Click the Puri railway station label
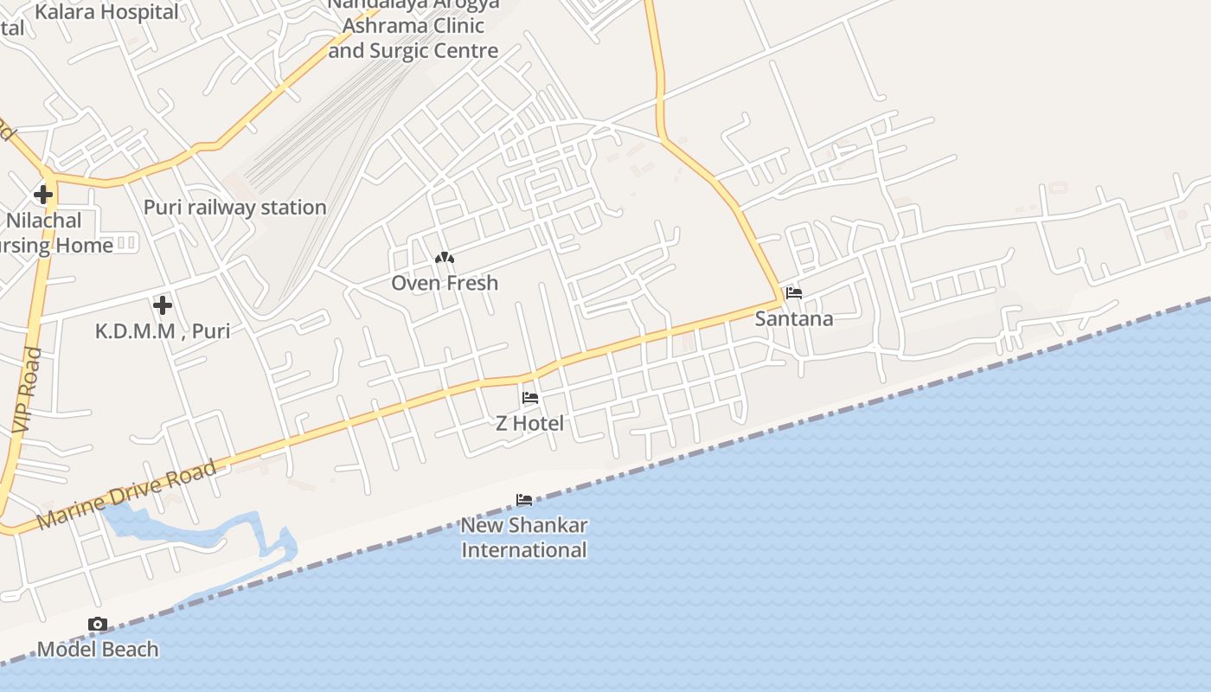click(234, 208)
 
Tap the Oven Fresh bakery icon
click(445, 258)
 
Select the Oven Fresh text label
click(445, 283)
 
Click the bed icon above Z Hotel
click(530, 398)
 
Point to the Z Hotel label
click(529, 423)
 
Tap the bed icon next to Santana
click(794, 293)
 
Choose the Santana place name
click(794, 318)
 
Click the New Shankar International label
click(524, 537)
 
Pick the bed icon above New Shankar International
click(524, 500)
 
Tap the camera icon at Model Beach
click(98, 625)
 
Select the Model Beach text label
click(98, 649)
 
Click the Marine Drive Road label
click(127, 496)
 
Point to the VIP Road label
click(28, 390)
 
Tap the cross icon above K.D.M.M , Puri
click(162, 305)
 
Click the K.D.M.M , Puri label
click(163, 330)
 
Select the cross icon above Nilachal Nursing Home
click(43, 195)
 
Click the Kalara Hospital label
click(107, 12)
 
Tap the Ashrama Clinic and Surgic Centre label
click(413, 38)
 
